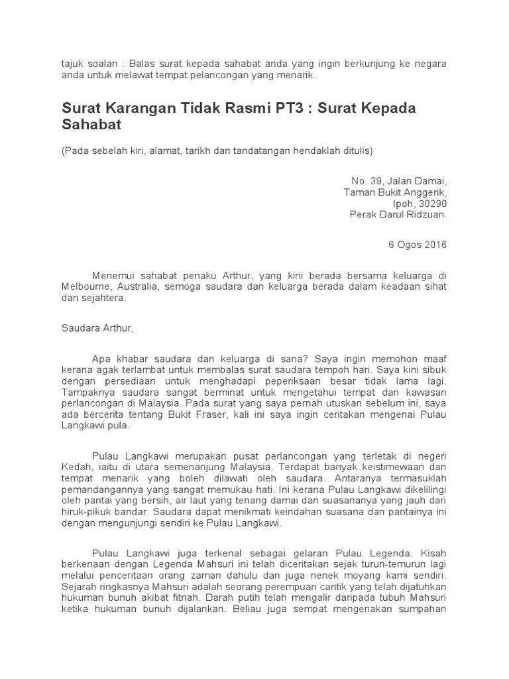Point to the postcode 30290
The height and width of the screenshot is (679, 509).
click(x=433, y=204)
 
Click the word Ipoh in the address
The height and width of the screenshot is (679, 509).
click(x=404, y=204)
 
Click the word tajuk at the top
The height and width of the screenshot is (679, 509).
click(x=74, y=64)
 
